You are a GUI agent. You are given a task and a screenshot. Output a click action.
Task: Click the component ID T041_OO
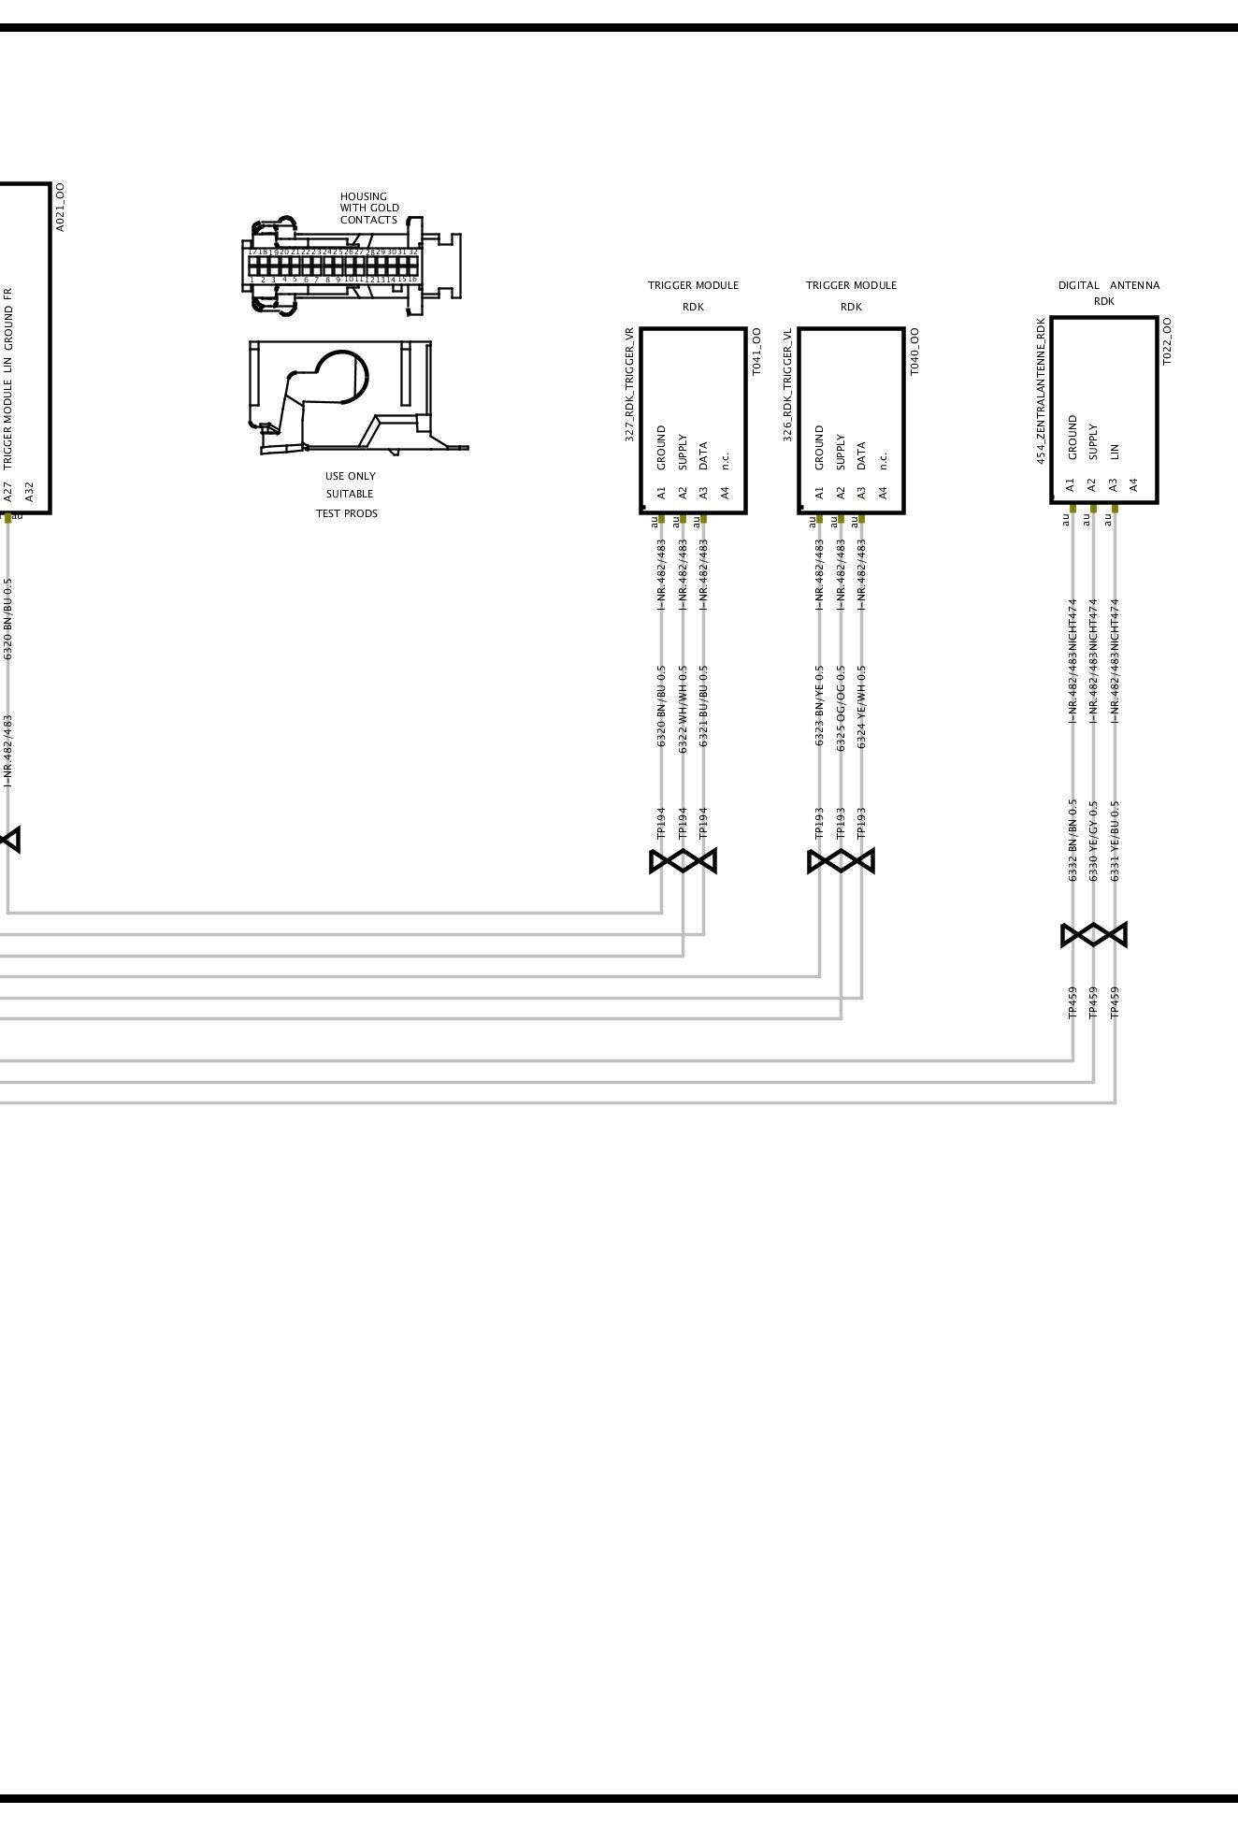[756, 352]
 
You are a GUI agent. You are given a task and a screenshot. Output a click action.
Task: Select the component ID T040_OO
[914, 352]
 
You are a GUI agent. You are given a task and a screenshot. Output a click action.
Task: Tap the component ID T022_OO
[1167, 341]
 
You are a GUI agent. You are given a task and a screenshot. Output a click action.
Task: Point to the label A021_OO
[60, 208]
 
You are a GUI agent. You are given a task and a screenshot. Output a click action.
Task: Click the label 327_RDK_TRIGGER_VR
[630, 384]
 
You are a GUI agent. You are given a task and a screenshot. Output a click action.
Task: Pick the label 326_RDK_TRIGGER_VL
[788, 384]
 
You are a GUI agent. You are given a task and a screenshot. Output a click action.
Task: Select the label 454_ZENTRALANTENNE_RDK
[1041, 391]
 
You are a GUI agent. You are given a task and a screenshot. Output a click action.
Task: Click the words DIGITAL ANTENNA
[1108, 285]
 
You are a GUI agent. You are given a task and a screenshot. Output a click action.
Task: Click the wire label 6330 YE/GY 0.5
[1093, 840]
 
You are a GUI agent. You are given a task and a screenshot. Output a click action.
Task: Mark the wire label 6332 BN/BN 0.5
[1072, 840]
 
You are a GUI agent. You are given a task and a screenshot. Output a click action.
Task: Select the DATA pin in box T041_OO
[703, 455]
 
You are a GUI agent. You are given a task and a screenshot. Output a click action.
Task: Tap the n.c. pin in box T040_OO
[883, 460]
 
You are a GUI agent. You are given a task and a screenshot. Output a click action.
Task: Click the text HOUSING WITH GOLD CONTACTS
[368, 209]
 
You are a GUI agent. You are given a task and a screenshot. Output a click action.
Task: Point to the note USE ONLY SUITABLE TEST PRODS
[350, 495]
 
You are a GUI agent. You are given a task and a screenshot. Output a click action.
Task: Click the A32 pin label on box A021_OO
[29, 491]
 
